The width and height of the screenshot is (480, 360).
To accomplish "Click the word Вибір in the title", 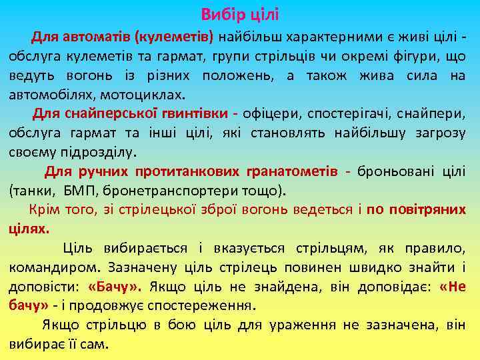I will (x=220, y=14).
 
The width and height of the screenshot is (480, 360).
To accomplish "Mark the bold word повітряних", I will (x=427, y=210).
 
